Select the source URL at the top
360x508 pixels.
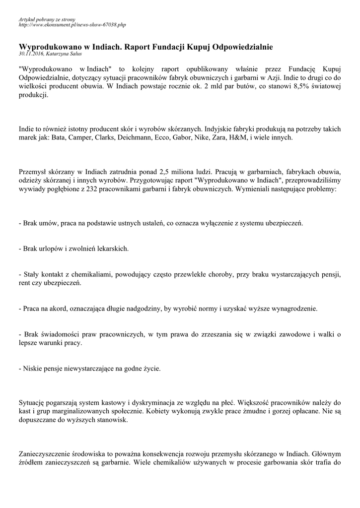point(72,24)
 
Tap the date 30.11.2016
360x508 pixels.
point(30,53)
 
